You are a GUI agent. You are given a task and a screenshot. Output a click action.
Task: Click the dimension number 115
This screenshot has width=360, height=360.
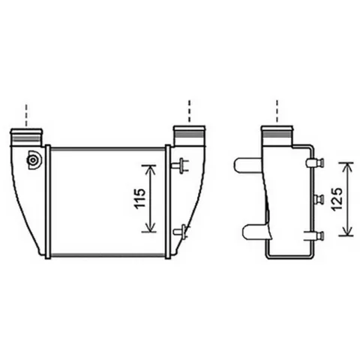(x=139, y=198)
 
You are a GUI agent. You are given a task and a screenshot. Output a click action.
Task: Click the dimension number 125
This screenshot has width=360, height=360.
(x=337, y=199)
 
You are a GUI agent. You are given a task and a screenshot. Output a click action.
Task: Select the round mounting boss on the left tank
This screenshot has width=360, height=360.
(x=33, y=160)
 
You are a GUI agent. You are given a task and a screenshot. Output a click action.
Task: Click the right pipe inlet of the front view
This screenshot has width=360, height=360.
(x=189, y=136)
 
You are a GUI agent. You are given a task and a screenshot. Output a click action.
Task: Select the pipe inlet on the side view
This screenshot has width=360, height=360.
(x=277, y=136)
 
